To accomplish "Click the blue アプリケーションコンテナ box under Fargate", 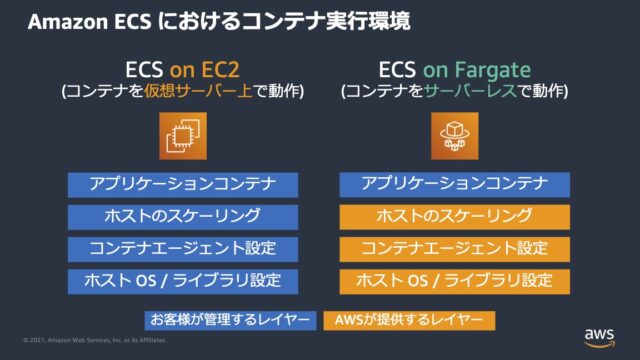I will click(454, 184).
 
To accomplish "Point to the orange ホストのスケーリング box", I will click(454, 216).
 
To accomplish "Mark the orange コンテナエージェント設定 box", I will click(454, 248).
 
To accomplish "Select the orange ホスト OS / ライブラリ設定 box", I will click(454, 280).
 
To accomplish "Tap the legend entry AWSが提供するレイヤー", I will click(408, 320).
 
